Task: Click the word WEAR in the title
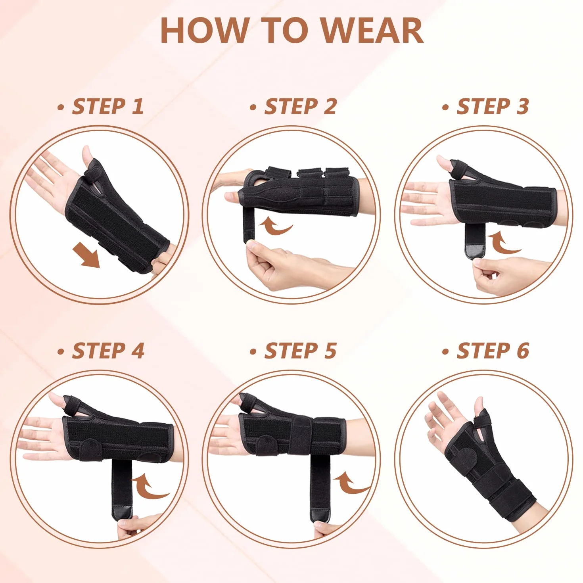[372, 31]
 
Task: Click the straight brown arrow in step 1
[86, 256]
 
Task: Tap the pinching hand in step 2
[290, 266]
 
